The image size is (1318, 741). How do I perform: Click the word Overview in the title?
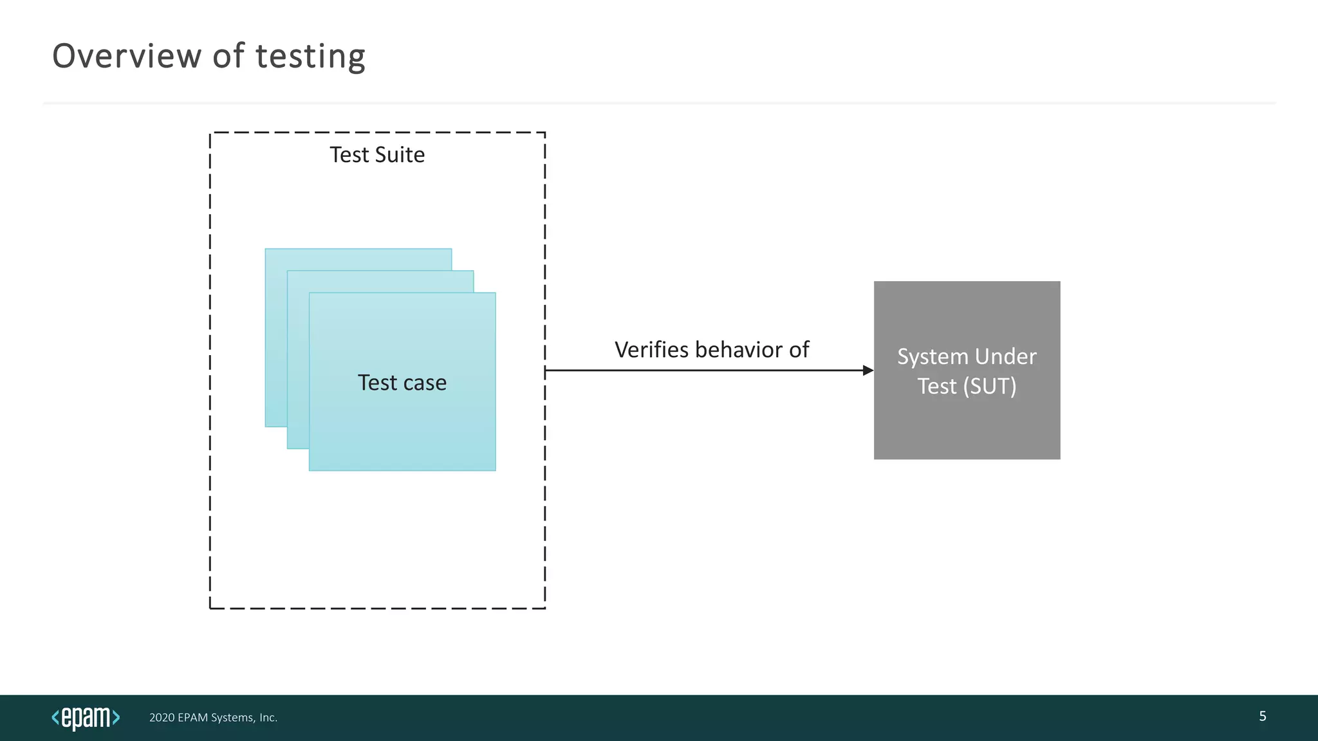pos(127,56)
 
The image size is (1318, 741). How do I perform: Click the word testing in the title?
pos(310,56)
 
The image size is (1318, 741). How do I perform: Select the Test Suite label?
pos(377,155)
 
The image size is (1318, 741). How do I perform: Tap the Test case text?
pos(402,383)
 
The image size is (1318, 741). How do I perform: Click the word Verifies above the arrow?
pos(651,350)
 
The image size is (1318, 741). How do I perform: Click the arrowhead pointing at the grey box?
pos(868,370)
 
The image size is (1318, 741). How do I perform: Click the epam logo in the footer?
pos(86,717)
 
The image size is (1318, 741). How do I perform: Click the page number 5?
pos(1263,717)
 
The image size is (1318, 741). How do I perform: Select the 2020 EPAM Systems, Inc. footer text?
pos(213,718)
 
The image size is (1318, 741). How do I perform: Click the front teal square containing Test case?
pos(402,431)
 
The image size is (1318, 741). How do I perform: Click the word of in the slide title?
pos(228,56)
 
